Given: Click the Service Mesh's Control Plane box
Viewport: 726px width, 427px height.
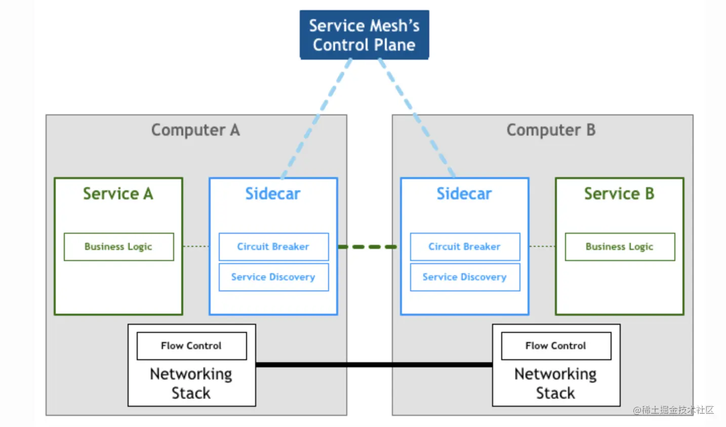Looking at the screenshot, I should click(364, 35).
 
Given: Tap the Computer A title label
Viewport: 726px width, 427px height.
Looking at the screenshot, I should click(195, 130).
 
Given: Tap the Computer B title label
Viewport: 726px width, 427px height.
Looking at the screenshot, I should click(551, 130).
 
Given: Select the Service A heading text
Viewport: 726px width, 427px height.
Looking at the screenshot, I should click(118, 194).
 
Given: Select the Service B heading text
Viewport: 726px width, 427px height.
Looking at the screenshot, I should click(619, 194).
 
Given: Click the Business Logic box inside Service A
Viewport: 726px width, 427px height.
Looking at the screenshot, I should click(118, 247).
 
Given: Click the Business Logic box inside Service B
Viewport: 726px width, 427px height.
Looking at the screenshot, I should click(620, 247).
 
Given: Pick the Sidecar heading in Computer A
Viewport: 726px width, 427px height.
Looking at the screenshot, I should click(273, 194).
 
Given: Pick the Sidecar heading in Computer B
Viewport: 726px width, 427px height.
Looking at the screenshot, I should click(464, 194).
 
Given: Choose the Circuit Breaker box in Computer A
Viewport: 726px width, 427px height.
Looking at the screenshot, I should click(273, 247).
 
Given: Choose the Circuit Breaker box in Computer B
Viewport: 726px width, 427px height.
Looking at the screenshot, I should click(465, 247).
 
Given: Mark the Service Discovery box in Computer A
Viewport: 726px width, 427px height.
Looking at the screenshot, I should click(273, 277).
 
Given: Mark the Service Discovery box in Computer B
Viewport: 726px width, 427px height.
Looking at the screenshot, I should click(465, 277).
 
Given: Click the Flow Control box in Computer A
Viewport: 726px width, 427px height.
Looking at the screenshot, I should click(191, 346).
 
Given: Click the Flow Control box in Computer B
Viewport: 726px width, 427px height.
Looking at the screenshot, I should click(556, 346).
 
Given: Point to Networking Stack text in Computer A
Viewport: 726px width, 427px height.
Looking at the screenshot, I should click(191, 383).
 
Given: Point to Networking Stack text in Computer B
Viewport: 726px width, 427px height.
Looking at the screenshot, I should click(555, 383).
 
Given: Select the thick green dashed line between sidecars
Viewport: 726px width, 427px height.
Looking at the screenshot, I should click(368, 247).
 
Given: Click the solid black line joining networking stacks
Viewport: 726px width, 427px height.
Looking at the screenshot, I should click(374, 364).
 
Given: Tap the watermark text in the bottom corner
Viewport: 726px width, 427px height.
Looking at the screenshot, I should click(673, 410).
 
